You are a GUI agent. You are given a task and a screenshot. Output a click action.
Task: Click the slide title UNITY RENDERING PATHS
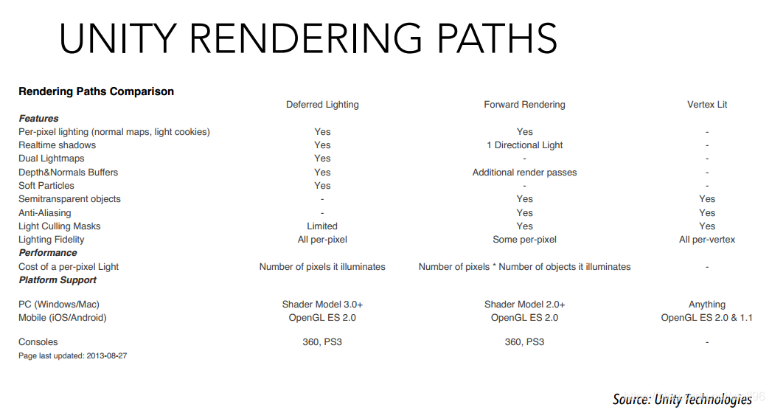[x=307, y=39]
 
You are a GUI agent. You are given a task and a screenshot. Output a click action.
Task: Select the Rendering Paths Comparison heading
[x=96, y=91]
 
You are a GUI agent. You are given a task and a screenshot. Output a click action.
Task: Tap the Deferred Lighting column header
[x=322, y=105]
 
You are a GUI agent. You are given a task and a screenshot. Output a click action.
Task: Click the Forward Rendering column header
[x=524, y=105]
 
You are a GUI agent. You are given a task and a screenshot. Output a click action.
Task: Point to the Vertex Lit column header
[x=706, y=105]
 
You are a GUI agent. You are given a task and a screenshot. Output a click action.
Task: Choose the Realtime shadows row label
[x=57, y=145]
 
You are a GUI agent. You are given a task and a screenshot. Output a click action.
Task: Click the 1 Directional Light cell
[x=524, y=145]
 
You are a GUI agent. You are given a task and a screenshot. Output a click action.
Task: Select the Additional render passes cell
[x=524, y=173]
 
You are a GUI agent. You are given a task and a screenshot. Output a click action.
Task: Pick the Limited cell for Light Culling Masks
[x=322, y=226]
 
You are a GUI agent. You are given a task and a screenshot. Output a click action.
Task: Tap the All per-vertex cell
[x=706, y=240]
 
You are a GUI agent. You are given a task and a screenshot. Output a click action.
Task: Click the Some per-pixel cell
[x=524, y=240]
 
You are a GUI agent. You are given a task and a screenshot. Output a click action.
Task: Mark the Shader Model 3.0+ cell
[x=322, y=305]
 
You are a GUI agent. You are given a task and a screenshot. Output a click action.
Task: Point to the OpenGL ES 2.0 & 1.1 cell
[x=706, y=318]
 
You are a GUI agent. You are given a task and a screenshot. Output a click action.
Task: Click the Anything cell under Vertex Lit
[x=706, y=305]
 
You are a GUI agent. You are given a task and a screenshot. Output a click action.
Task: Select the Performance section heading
[x=47, y=253]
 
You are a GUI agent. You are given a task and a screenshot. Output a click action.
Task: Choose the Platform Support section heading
[x=58, y=280]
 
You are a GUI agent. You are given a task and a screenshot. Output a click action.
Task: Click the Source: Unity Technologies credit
[x=682, y=399]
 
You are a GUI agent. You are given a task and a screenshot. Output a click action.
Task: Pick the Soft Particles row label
[x=46, y=186]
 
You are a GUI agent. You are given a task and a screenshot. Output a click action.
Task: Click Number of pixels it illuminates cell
[x=322, y=267]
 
